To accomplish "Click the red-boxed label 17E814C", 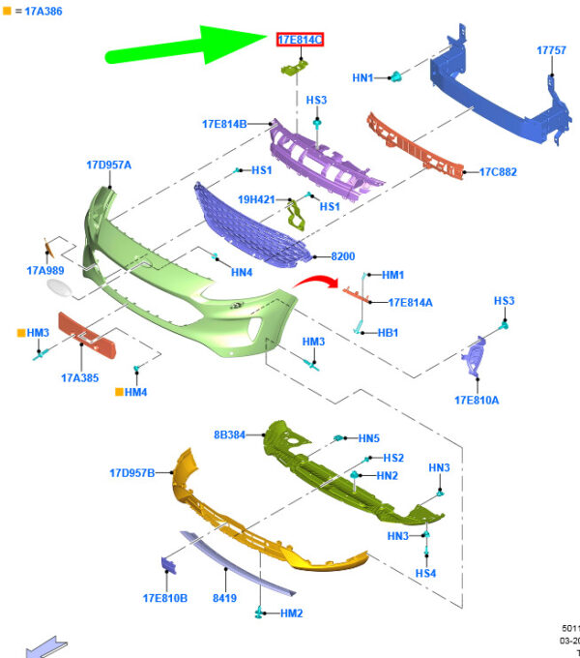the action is (300, 40).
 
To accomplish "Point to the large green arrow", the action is (187, 45).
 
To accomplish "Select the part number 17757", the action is (552, 50).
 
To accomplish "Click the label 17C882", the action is (498, 172).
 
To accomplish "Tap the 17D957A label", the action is (109, 164).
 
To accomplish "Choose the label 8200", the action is (343, 256).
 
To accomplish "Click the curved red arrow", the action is (316, 282).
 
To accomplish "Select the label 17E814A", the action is (410, 303).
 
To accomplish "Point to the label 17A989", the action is (45, 271).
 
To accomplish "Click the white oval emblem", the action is (59, 288).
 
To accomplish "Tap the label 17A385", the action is (80, 378).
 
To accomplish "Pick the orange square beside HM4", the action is (119, 392).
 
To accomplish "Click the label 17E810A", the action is (477, 401).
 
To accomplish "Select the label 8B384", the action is (230, 434).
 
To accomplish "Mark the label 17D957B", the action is (132, 473).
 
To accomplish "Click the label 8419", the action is (224, 598).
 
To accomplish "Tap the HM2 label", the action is (292, 613).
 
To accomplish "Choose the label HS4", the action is (425, 573).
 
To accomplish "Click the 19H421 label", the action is (256, 199).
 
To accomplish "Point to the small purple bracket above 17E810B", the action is (169, 565).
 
